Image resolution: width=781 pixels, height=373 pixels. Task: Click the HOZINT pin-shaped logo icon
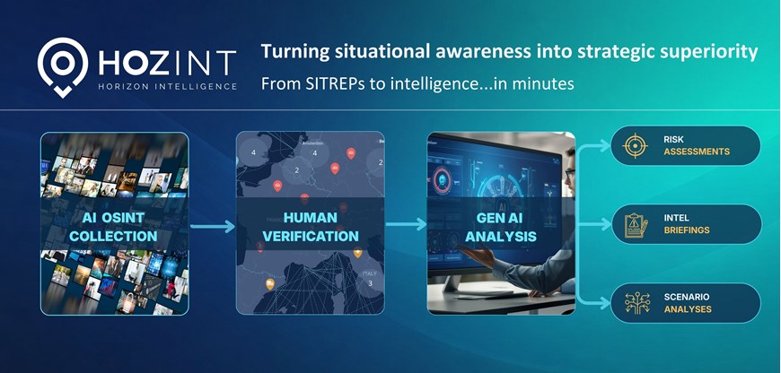tap(63, 66)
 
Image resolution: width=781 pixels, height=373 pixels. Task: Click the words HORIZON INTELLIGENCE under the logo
tap(168, 87)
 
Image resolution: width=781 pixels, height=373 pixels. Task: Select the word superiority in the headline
tap(711, 52)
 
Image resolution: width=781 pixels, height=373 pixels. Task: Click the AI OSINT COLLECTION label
tap(113, 226)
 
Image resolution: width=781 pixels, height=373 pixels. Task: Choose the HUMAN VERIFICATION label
tap(311, 226)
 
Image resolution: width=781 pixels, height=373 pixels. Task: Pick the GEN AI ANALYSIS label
tap(501, 226)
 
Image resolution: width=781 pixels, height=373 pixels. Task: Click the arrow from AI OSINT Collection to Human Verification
tap(212, 227)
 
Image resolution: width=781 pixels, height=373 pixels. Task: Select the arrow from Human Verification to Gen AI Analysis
tap(406, 225)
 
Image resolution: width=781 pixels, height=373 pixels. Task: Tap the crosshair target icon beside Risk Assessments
tap(635, 146)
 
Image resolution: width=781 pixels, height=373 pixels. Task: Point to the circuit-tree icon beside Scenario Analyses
tap(636, 303)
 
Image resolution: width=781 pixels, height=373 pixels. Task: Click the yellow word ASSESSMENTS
tap(697, 152)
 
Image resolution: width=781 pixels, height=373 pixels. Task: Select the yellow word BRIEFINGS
tap(687, 230)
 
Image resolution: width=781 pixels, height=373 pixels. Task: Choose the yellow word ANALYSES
tap(688, 309)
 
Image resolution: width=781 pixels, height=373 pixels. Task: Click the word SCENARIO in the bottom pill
tap(687, 297)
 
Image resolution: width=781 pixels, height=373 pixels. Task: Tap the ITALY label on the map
tap(369, 273)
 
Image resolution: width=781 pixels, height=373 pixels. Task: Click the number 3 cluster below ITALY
tap(370, 284)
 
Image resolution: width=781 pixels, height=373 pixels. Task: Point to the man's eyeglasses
tap(570, 172)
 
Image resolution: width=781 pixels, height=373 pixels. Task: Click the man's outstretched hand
tap(476, 255)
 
